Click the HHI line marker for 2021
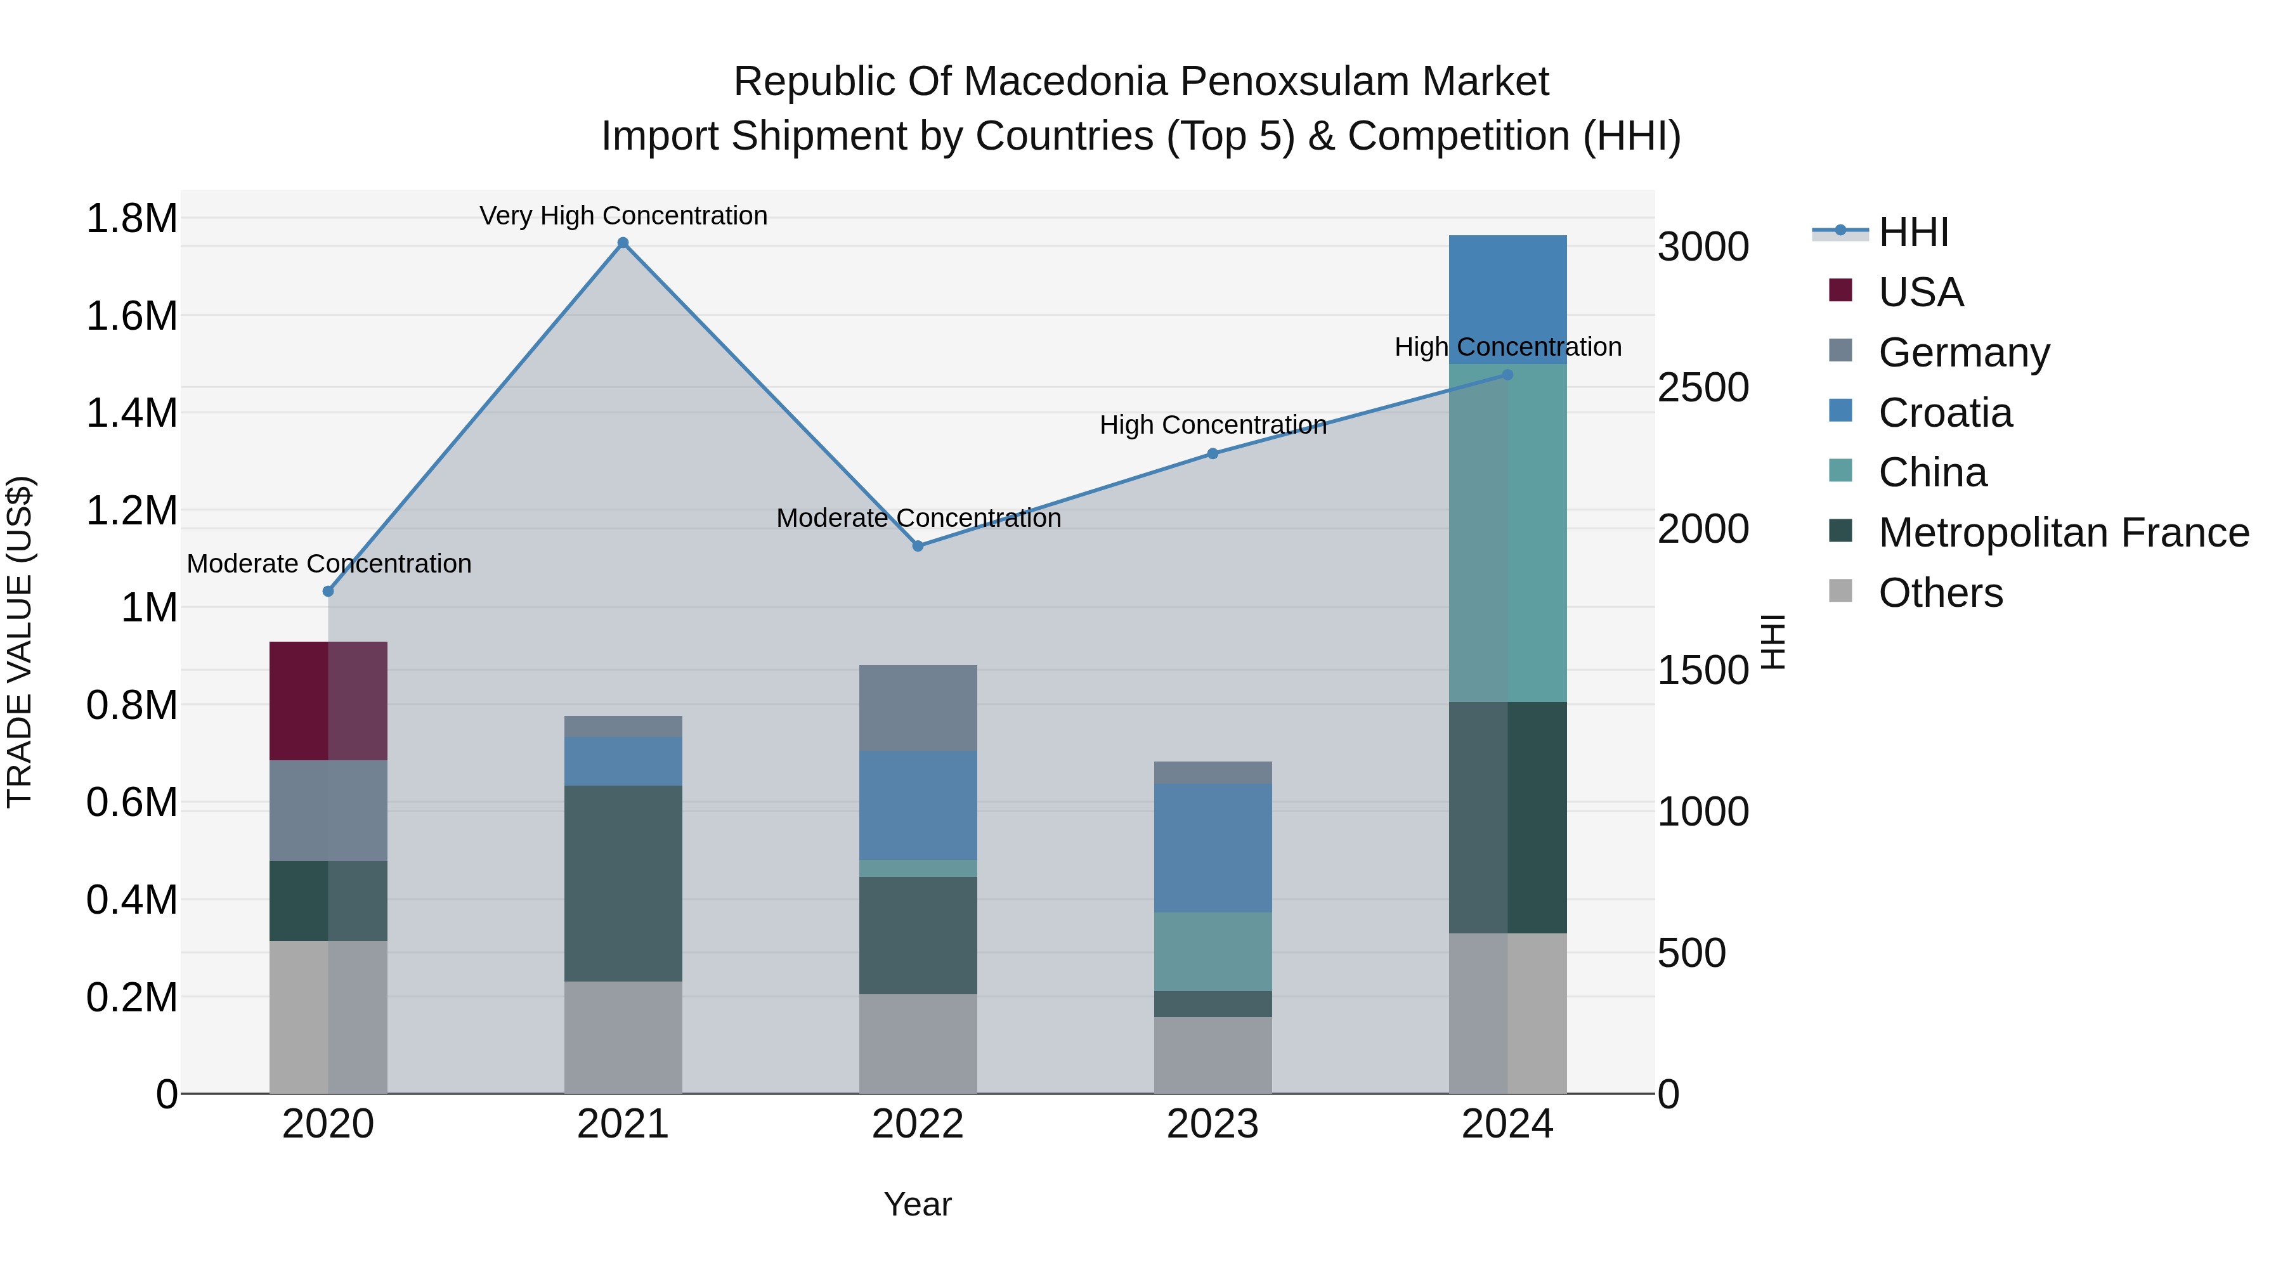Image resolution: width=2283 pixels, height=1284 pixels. [x=623, y=243]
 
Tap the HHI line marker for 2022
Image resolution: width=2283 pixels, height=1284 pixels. [x=918, y=546]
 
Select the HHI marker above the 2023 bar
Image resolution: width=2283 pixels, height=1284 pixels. [x=1213, y=454]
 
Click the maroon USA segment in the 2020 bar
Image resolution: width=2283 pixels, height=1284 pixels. [x=328, y=701]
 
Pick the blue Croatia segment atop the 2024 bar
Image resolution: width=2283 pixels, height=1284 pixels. [x=1507, y=299]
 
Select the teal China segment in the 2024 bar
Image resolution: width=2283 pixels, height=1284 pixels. [x=1507, y=533]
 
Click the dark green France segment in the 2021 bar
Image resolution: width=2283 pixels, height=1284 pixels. [x=623, y=883]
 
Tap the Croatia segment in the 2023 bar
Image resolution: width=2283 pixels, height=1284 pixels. [x=1213, y=848]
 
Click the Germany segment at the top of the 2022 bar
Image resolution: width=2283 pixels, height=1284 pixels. [x=918, y=708]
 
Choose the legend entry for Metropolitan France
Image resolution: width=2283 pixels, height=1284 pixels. [x=2063, y=533]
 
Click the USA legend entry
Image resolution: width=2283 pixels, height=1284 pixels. [x=1920, y=292]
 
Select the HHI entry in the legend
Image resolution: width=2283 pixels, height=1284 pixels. [x=1913, y=232]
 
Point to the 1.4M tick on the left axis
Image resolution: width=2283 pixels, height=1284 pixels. [x=131, y=413]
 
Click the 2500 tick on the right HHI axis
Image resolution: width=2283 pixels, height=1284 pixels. [x=1703, y=388]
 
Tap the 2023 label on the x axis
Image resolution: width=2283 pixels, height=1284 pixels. [x=1213, y=1124]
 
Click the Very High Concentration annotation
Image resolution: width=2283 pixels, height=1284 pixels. [x=623, y=216]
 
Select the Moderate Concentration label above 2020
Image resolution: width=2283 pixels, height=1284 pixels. [x=328, y=564]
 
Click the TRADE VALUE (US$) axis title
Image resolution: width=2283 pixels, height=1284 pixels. [x=20, y=642]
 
